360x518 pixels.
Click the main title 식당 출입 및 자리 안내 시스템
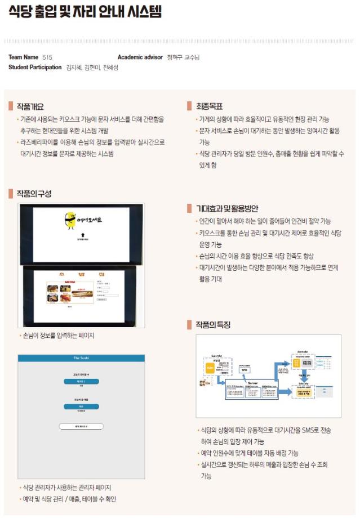coord(85,13)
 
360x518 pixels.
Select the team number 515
coord(47,57)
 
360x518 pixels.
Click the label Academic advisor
coord(140,57)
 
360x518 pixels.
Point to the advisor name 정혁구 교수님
coord(183,57)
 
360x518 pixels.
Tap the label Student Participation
coord(35,68)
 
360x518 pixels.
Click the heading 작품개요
coord(29,106)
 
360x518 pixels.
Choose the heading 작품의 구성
coord(33,194)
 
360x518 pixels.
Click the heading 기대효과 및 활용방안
coord(226,209)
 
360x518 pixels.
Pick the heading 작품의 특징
coord(212,325)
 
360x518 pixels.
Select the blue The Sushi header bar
coord(81,358)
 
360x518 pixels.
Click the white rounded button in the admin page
coord(81,426)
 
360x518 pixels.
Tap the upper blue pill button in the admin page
coord(81,381)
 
